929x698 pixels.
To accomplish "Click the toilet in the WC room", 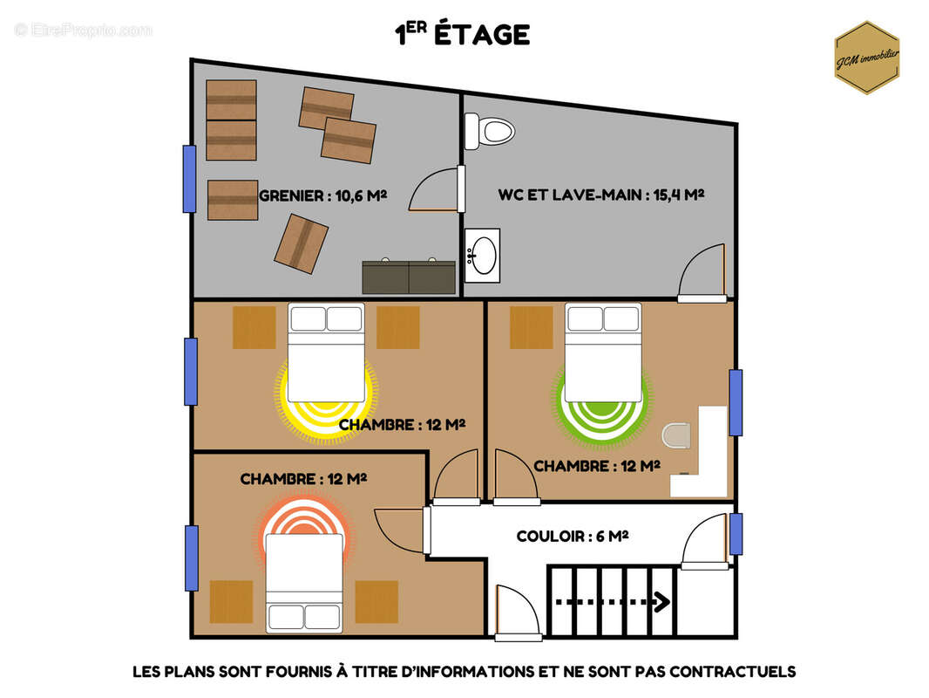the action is [490, 131].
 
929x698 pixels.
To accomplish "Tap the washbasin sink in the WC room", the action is [482, 256].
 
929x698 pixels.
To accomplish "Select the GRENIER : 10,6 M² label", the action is [323, 195].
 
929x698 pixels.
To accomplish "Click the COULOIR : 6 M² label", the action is [573, 536].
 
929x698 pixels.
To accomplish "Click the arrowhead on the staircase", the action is [662, 602].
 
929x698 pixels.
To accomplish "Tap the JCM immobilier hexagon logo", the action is [867, 58].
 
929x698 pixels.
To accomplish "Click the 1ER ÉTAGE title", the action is [462, 34].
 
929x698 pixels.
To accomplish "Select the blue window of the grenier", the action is [189, 179].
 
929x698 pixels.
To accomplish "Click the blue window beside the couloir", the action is [736, 534].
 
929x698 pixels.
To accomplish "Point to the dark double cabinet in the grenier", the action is [409, 277].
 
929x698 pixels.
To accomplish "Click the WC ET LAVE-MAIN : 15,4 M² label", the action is [600, 195].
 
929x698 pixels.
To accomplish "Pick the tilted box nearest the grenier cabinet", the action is [301, 243].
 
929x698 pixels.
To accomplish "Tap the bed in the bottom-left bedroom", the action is [304, 583].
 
